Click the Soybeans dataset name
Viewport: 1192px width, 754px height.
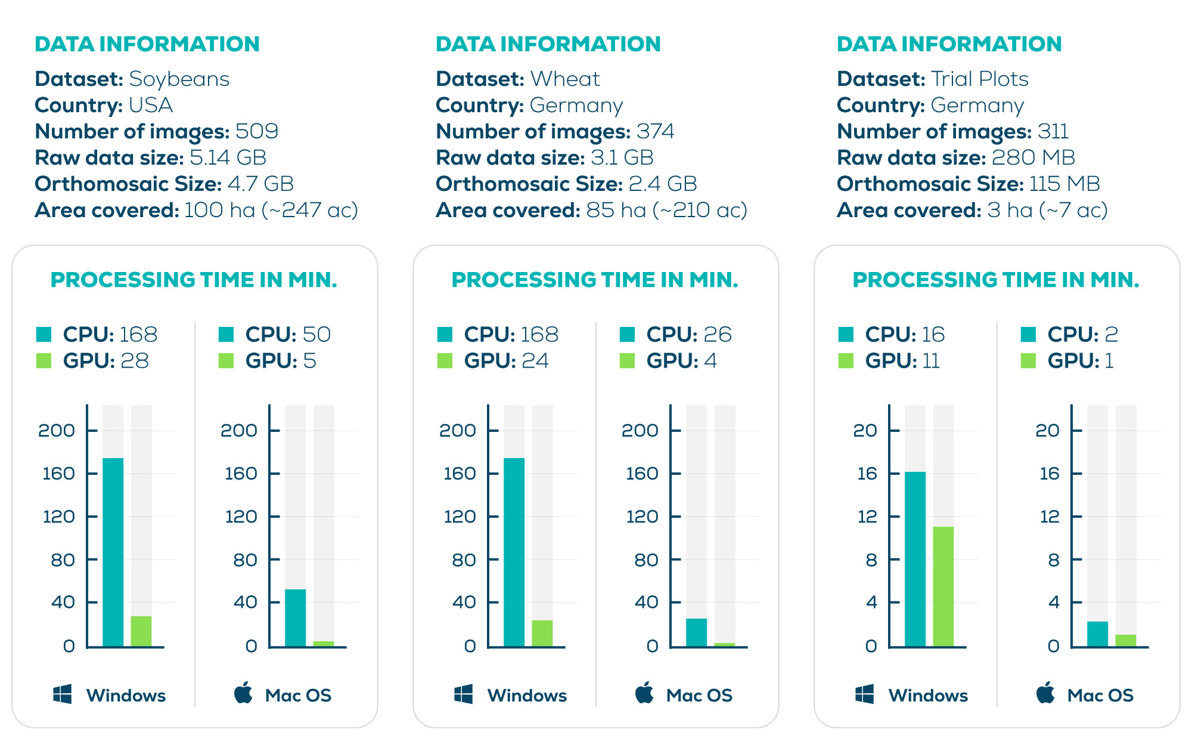(x=179, y=79)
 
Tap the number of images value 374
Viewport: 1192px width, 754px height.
(x=655, y=131)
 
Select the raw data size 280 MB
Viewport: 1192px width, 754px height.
(x=1033, y=157)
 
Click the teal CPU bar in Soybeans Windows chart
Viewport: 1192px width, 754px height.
(x=113, y=552)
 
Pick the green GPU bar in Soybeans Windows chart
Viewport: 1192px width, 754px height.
(x=141, y=631)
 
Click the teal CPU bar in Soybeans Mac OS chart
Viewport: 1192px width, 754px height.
(x=295, y=617)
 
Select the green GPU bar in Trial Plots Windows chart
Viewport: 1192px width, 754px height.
(x=943, y=586)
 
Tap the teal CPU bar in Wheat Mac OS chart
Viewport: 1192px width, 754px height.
(x=696, y=632)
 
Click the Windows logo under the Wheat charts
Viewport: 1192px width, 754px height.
(x=463, y=694)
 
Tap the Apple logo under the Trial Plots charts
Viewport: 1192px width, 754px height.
(x=1045, y=693)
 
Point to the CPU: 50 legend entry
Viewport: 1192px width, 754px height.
(x=275, y=335)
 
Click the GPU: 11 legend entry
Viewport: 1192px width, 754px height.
(x=890, y=361)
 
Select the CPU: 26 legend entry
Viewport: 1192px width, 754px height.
(x=676, y=335)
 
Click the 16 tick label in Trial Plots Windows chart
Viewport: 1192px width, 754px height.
(x=867, y=474)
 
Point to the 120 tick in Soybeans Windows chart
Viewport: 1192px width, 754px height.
(x=58, y=517)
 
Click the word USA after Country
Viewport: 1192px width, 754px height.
(x=150, y=105)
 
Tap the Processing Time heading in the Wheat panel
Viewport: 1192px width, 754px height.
(x=595, y=280)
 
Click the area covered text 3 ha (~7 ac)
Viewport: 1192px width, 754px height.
(x=1047, y=210)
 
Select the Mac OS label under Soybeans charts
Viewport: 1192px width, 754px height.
(x=298, y=696)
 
